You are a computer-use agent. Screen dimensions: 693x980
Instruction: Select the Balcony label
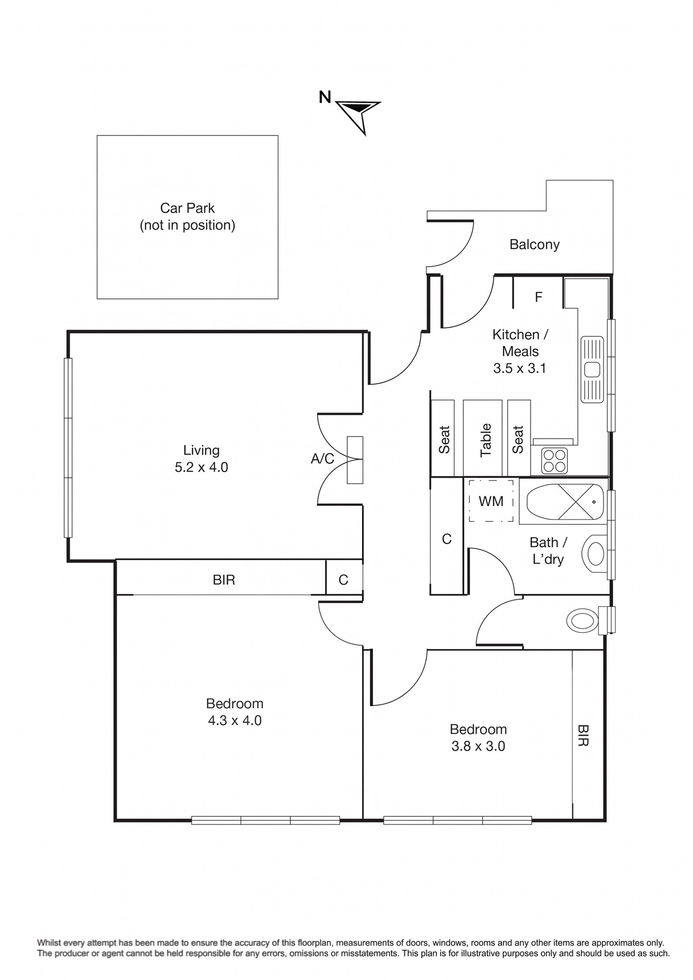[x=534, y=245]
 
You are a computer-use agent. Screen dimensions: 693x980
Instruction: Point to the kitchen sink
[x=592, y=369]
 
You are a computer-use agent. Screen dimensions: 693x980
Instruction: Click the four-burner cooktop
[x=554, y=461]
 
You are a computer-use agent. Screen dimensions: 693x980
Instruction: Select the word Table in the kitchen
[x=485, y=440]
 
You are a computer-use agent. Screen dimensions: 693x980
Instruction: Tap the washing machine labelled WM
[x=491, y=501]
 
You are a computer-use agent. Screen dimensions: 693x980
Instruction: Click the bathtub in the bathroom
[x=565, y=502]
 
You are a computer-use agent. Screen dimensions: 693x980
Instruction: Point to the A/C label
[x=322, y=459]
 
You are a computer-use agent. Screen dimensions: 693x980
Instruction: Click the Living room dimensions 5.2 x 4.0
[x=201, y=467]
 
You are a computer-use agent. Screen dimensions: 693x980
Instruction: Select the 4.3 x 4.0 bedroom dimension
[x=235, y=720]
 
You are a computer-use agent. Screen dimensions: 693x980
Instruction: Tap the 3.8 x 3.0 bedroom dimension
[x=478, y=746]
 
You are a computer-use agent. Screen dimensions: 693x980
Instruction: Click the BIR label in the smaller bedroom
[x=583, y=735]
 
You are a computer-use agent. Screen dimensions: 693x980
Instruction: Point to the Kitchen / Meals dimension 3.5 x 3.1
[x=520, y=368]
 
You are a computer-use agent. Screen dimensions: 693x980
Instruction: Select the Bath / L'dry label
[x=548, y=551]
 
